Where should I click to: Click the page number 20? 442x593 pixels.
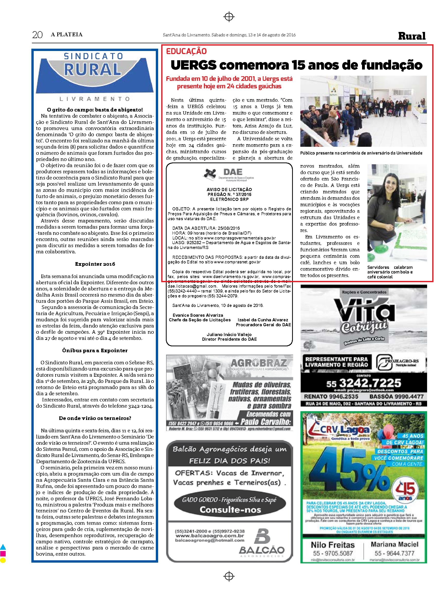(37, 35)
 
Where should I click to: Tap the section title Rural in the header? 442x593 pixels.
(412, 36)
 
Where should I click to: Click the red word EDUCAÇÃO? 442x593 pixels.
(186, 51)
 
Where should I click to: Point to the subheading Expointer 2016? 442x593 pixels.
(95, 264)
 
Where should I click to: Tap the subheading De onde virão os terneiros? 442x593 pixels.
(95, 418)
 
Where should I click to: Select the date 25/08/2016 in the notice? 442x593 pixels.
(226, 228)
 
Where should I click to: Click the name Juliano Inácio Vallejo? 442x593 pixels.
(229, 334)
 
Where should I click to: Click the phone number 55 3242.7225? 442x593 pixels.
(364, 383)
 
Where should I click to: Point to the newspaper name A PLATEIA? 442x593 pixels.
(67, 35)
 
